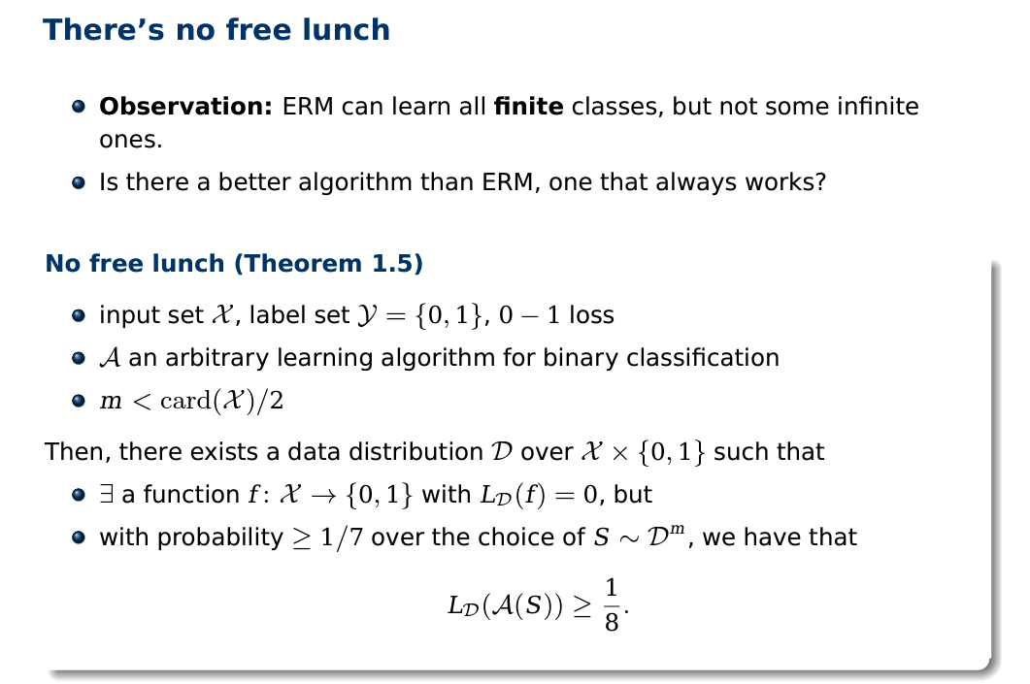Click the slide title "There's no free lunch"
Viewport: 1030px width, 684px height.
[216, 29]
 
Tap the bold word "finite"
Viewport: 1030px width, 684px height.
[528, 106]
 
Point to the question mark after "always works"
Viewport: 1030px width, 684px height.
[820, 181]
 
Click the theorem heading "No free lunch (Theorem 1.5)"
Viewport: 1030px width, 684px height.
[234, 263]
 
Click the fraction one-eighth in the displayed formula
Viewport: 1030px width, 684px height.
[611, 605]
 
